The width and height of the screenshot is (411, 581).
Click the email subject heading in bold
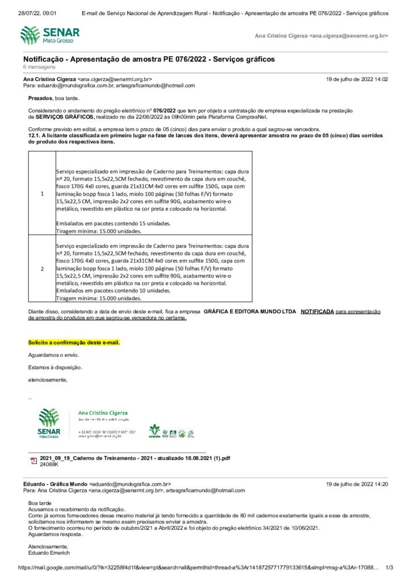pos(149,59)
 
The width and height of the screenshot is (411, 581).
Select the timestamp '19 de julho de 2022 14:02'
pos(357,79)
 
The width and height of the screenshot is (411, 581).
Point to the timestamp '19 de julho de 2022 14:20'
pos(357,484)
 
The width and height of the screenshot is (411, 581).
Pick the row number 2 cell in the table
pos(42,268)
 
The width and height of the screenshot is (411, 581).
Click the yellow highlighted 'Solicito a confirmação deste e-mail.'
pos(74,343)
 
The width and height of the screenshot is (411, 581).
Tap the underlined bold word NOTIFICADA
pos(317,311)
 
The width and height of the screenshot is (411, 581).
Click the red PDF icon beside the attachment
pos(33,460)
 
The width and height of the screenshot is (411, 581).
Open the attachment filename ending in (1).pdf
pos(135,458)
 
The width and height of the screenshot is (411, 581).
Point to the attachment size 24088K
pos(49,464)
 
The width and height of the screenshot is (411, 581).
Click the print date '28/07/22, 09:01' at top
pos(37,12)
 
